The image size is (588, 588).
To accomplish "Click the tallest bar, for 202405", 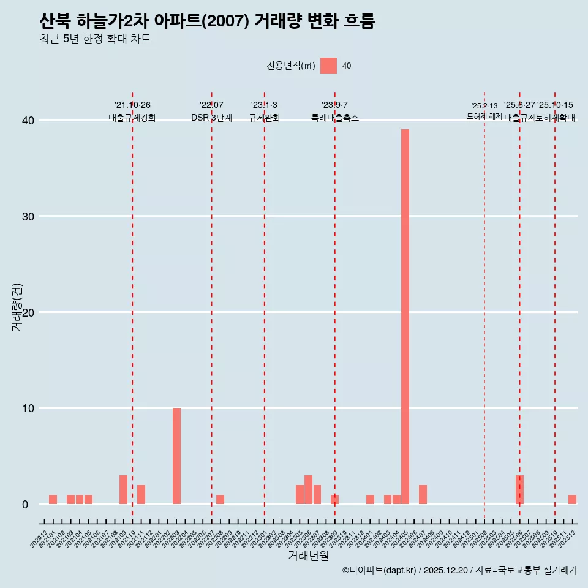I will point(405,317).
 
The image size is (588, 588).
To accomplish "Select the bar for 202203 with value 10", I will point(176,456).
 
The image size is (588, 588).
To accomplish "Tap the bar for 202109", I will point(123,490).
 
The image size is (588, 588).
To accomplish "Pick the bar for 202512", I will point(572,500).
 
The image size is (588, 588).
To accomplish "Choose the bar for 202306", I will point(308,490).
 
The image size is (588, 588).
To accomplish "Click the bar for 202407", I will point(423,495).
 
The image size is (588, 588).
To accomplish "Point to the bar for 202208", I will point(220,500).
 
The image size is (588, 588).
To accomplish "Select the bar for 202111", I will point(141,495).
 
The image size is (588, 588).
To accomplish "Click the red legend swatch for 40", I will point(328,66).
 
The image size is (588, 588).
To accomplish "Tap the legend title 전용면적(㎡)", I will point(290,66).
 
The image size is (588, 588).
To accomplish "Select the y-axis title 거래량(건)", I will point(17,307).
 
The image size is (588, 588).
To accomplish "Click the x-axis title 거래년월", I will point(308,556).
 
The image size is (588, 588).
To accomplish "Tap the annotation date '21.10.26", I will point(132,105).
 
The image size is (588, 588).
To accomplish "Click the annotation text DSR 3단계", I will point(211,118).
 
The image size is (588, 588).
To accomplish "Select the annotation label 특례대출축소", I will point(334,118).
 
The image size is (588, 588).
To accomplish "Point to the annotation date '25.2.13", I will point(484,106).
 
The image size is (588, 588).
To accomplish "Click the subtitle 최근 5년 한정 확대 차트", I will point(95,39).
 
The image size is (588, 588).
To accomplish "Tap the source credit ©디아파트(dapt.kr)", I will point(380,570).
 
